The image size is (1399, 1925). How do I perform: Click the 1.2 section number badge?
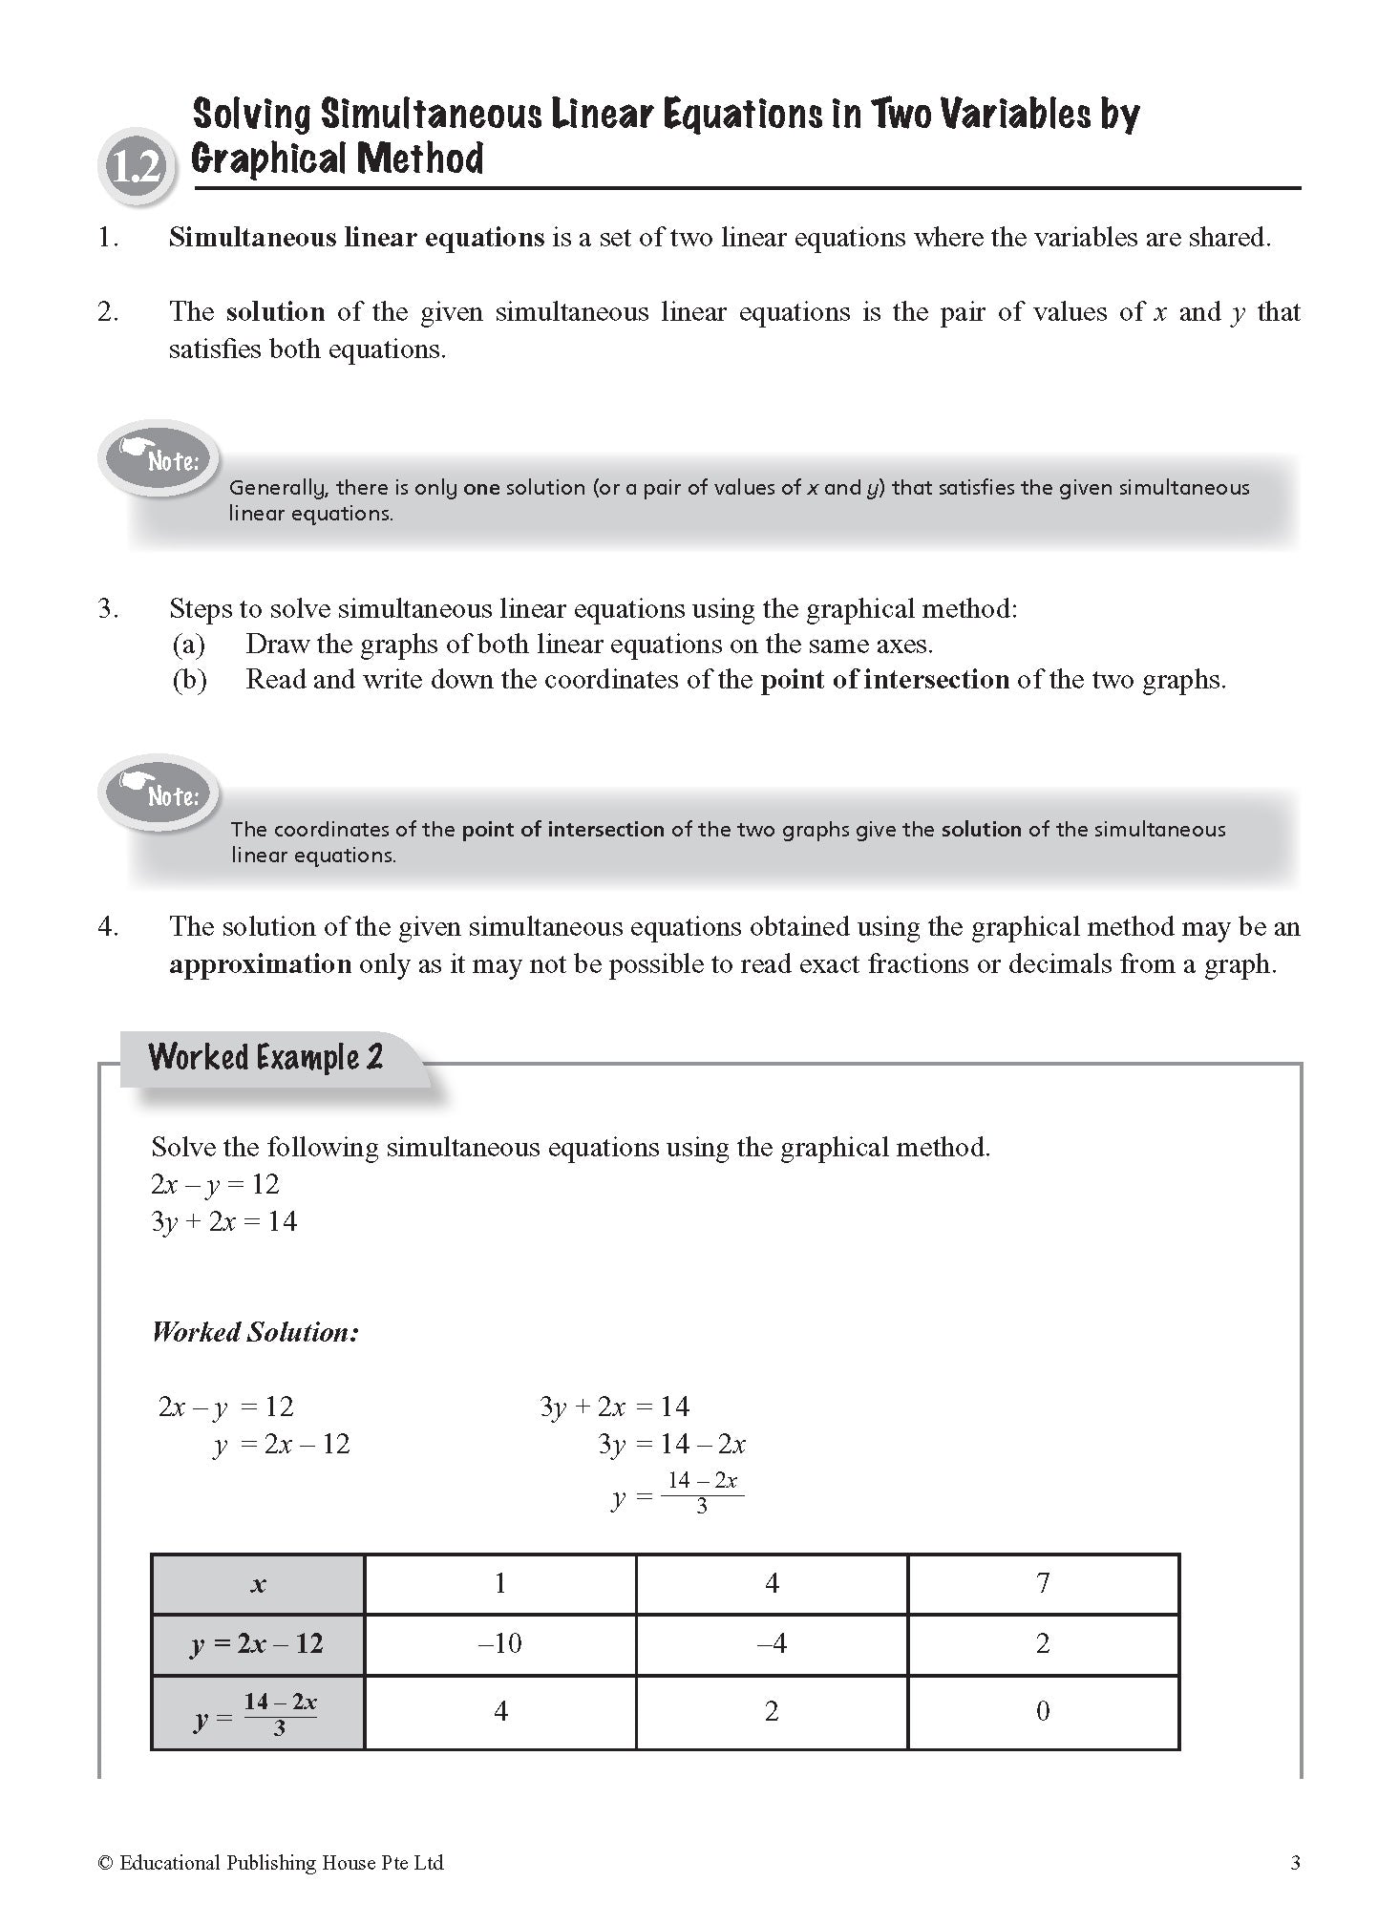[136, 169]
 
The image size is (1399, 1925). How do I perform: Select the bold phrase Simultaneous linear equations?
[356, 238]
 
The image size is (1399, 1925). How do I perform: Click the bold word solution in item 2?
[275, 312]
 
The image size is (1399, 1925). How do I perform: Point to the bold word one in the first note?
[481, 488]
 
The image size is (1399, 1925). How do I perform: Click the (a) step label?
[189, 645]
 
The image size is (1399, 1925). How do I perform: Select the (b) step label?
[189, 680]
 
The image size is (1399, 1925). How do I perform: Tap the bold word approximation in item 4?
[260, 964]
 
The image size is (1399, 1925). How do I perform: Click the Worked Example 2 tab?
[266, 1058]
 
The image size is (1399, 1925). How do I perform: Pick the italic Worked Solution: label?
[255, 1332]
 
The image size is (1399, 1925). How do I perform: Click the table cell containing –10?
[500, 1643]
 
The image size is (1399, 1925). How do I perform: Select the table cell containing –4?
[772, 1643]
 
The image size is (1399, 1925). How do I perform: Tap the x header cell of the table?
[258, 1585]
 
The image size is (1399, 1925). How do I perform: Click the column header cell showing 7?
[1043, 1583]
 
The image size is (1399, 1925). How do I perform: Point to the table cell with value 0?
[1043, 1711]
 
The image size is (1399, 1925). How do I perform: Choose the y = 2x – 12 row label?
[258, 1644]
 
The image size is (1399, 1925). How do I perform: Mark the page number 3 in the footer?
[1295, 1863]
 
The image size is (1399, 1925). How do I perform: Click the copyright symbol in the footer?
[105, 1863]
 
